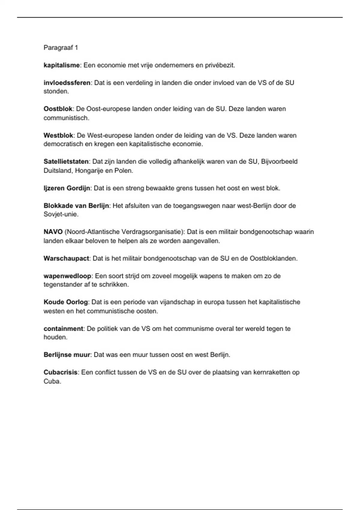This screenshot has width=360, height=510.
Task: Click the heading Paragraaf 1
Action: (x=61, y=48)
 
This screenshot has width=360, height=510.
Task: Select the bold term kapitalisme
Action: (x=61, y=65)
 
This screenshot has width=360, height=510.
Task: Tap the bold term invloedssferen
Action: (x=67, y=83)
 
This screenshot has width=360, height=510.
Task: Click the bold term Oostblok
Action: (x=58, y=109)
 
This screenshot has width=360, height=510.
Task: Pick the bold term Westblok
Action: (x=58, y=135)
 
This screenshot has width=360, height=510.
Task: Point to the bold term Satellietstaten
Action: (x=66, y=162)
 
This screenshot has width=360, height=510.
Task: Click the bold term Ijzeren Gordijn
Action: (x=67, y=188)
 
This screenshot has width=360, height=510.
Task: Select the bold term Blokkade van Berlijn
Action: (x=76, y=206)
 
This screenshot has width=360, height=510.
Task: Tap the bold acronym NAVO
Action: (x=53, y=232)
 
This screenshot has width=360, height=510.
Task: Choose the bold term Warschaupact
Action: (x=66, y=258)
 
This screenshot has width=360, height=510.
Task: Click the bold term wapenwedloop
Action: (x=67, y=276)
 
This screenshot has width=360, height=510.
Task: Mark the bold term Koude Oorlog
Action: (x=66, y=302)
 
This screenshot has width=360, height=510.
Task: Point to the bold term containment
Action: (x=63, y=328)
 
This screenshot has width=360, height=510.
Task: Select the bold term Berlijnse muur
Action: (x=67, y=355)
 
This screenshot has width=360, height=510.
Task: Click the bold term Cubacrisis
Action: (x=61, y=372)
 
